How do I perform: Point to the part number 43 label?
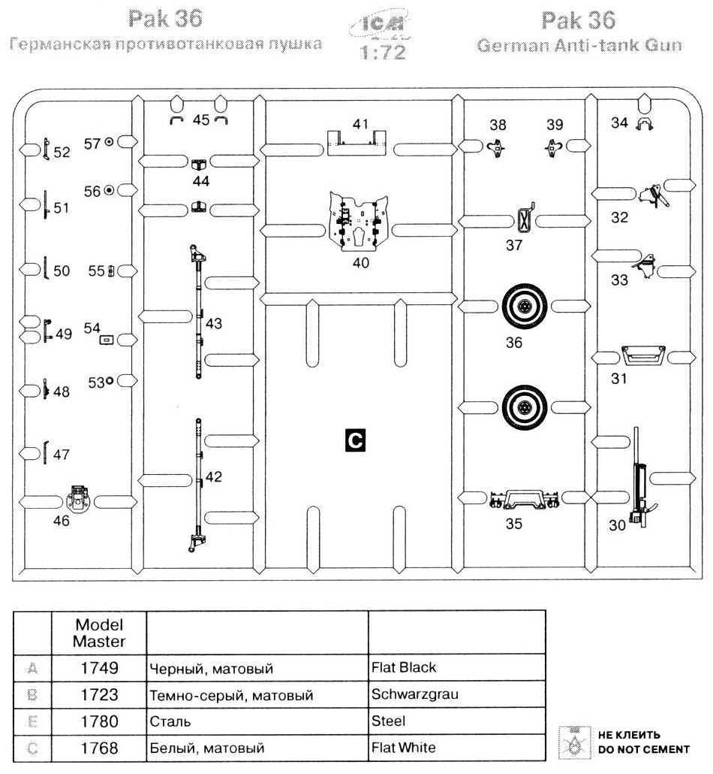point(214,323)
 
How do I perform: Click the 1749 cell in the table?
point(98,667)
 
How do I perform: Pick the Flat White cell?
point(404,748)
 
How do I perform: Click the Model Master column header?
point(98,633)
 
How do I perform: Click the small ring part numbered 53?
point(110,381)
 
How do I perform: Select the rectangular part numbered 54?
point(107,340)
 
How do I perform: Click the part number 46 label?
point(62,520)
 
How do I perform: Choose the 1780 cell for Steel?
point(98,721)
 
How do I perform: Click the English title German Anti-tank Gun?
point(579,46)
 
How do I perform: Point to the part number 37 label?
point(513,245)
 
